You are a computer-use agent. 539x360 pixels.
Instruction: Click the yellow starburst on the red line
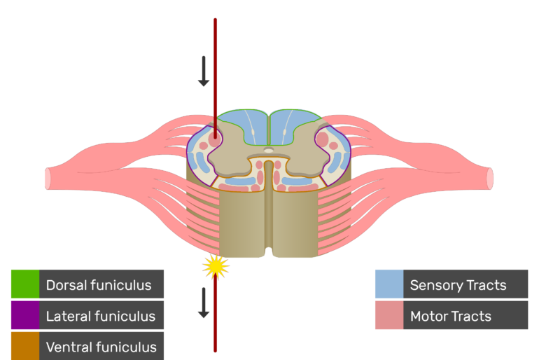pyautogui.click(x=216, y=266)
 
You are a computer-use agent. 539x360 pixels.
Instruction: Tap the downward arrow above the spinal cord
pyautogui.click(x=204, y=71)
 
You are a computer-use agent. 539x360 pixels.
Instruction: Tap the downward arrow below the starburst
pyautogui.click(x=204, y=303)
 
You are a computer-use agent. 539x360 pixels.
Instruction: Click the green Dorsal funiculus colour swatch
pyautogui.click(x=24, y=284)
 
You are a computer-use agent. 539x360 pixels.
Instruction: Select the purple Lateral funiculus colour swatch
pyautogui.click(x=24, y=316)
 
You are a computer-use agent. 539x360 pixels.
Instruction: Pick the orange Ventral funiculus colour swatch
pyautogui.click(x=24, y=346)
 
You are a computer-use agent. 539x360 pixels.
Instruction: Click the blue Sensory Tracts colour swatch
pyautogui.click(x=388, y=284)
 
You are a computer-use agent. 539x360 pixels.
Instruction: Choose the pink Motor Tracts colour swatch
pyautogui.click(x=388, y=316)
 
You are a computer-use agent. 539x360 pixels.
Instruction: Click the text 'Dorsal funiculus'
pyautogui.click(x=99, y=285)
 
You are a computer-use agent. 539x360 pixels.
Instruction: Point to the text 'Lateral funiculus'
pyautogui.click(x=101, y=317)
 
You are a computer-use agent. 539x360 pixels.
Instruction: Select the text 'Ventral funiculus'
pyautogui.click(x=101, y=347)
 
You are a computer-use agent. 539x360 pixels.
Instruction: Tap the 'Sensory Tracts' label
pyautogui.click(x=458, y=285)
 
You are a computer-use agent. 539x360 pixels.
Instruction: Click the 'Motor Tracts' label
pyautogui.click(x=451, y=317)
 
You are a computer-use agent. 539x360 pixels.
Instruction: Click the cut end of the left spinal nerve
pyautogui.click(x=48, y=179)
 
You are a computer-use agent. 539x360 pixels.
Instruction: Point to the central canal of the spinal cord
pyautogui.click(x=269, y=150)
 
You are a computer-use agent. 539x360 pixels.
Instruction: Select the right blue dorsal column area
pyautogui.click(x=294, y=127)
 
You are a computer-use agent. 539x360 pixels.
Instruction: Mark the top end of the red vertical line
pyautogui.click(x=216, y=20)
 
